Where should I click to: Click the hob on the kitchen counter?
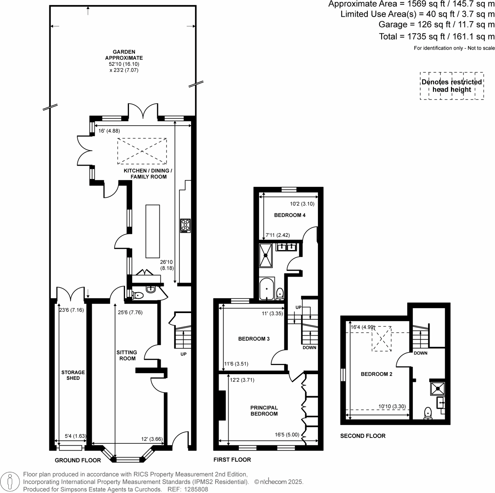coord(185,226)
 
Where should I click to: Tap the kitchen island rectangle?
coord(153,231)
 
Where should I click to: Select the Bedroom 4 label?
coord(290,215)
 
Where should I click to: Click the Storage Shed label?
coord(73,375)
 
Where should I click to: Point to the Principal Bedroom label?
coord(264,411)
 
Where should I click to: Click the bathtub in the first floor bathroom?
coord(267,288)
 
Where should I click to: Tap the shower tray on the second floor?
coord(438,389)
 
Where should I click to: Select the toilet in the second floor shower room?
coord(428,413)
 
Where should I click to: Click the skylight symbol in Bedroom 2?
coord(382,339)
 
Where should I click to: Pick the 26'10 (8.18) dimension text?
coord(167,265)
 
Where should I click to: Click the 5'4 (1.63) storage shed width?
coord(75,436)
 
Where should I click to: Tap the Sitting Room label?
coord(127,355)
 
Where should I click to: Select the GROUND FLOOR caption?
coord(78,460)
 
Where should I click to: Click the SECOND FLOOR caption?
coord(363,436)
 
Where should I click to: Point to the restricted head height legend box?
coord(452,86)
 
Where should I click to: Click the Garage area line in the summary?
coord(436,25)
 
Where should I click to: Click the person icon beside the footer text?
coord(10,482)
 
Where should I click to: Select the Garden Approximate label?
coord(124,55)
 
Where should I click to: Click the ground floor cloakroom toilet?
coord(138,295)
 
